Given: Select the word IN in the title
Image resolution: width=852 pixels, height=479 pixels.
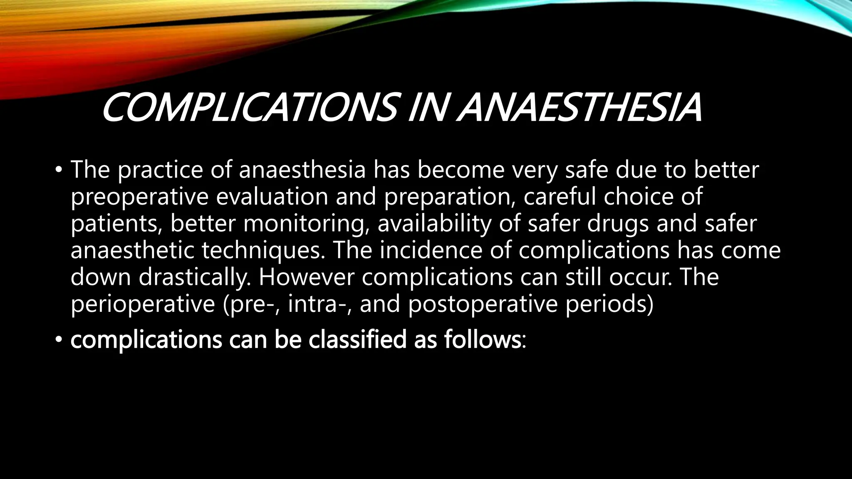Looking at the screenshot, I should coord(428,108).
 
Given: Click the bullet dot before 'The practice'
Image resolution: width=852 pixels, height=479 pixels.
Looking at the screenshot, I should coord(59,170).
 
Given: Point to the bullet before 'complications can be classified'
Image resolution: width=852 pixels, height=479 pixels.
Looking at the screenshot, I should coord(59,340).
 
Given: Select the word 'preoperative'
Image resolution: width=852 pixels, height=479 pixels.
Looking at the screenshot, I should coord(139,197).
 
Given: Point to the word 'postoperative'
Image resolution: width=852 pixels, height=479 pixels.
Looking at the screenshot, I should coord(483,304).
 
